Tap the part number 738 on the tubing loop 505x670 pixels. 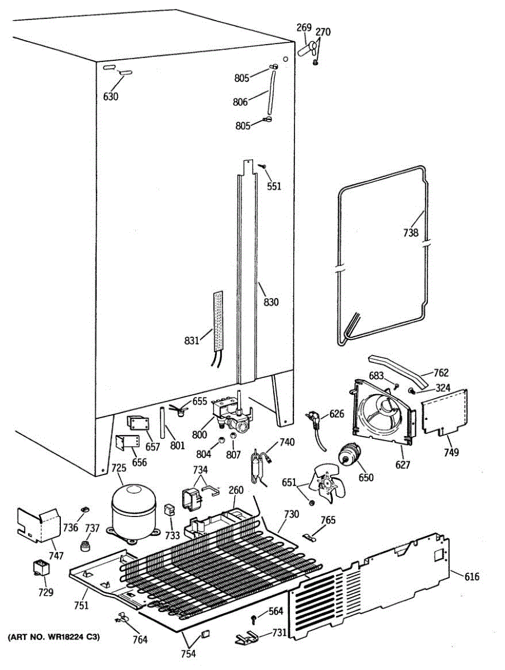411,233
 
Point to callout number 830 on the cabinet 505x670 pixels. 271,302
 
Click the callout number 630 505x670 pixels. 111,96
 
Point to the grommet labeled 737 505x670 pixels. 86,543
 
